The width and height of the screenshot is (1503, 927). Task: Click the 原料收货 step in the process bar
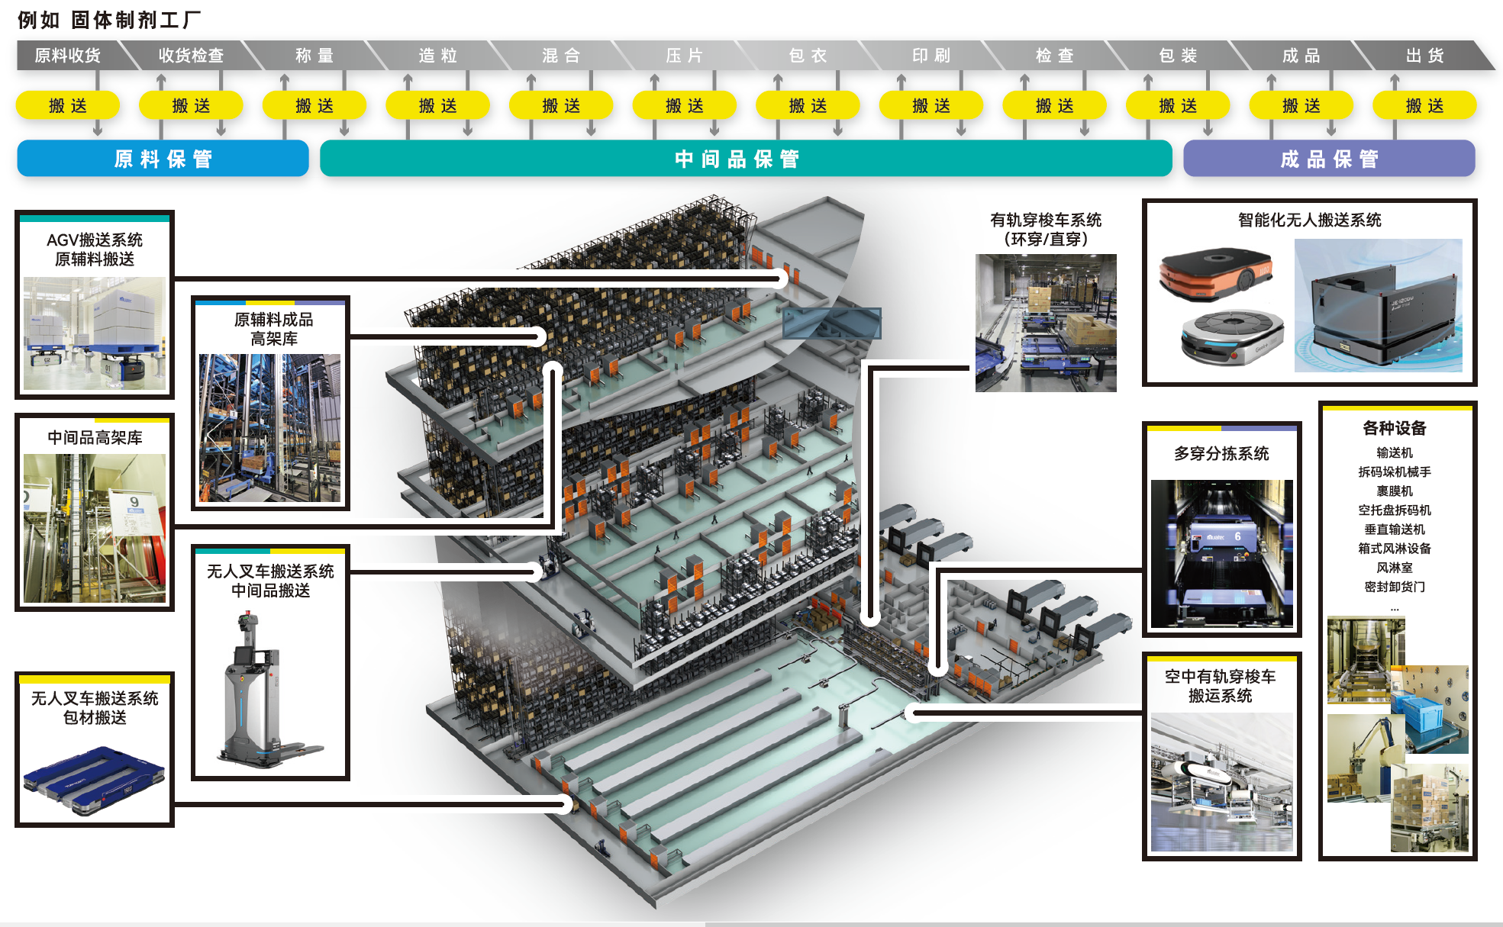click(67, 56)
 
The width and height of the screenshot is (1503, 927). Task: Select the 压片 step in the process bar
click(684, 56)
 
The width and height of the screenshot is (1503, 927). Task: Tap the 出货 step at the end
click(1424, 56)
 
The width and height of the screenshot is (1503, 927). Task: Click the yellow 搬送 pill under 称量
click(314, 105)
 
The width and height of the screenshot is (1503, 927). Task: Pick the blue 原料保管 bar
click(163, 159)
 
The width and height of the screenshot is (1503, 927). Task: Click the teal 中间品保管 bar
click(745, 159)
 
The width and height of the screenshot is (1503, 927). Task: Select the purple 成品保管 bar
click(1328, 159)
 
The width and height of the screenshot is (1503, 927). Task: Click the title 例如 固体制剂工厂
click(109, 20)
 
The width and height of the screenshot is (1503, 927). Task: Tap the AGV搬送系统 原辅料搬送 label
click(95, 249)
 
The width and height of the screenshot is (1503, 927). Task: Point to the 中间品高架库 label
click(95, 437)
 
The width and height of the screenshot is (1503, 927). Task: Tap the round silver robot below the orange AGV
click(1230, 335)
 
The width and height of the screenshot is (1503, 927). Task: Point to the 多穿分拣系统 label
click(1221, 454)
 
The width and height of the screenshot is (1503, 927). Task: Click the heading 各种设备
click(1394, 428)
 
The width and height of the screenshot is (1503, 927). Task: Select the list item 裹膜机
click(1394, 491)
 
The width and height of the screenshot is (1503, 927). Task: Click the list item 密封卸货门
click(1394, 587)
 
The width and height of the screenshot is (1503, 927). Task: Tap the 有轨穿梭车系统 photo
click(1046, 323)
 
